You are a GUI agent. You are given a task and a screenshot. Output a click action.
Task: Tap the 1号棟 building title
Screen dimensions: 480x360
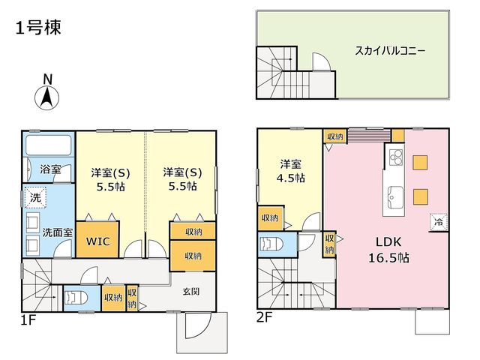tap(38, 27)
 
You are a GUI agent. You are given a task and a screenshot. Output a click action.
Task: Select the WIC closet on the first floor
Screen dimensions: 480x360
tap(97, 239)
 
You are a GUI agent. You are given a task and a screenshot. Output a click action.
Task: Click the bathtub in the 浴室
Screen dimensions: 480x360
tap(48, 145)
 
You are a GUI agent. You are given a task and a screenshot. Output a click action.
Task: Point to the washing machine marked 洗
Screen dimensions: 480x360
tap(35, 197)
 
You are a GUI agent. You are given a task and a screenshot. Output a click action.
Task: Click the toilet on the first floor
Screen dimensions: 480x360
tap(76, 297)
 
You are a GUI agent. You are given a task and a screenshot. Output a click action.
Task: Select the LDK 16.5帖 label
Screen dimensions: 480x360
tap(388, 250)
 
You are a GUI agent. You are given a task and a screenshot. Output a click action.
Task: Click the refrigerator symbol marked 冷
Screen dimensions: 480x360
tap(439, 222)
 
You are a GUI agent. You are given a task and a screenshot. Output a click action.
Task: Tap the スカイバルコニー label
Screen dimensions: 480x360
tap(390, 50)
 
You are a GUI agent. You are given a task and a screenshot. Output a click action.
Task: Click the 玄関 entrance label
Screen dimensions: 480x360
tap(191, 291)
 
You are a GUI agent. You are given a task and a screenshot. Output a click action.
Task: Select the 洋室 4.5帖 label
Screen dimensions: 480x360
tap(290, 171)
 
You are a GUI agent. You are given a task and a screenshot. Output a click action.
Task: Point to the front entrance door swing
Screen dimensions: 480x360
tap(198, 325)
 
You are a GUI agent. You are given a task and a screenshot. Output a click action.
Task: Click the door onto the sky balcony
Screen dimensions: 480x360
tap(321, 62)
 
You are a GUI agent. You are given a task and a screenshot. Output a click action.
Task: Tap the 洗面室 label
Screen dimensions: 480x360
tap(58, 232)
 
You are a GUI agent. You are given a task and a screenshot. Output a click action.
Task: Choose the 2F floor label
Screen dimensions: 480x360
tap(264, 318)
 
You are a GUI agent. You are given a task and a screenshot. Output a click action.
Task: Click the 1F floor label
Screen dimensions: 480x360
tap(28, 320)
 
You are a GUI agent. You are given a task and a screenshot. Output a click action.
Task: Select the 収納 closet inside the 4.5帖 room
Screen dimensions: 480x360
tap(271, 218)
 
